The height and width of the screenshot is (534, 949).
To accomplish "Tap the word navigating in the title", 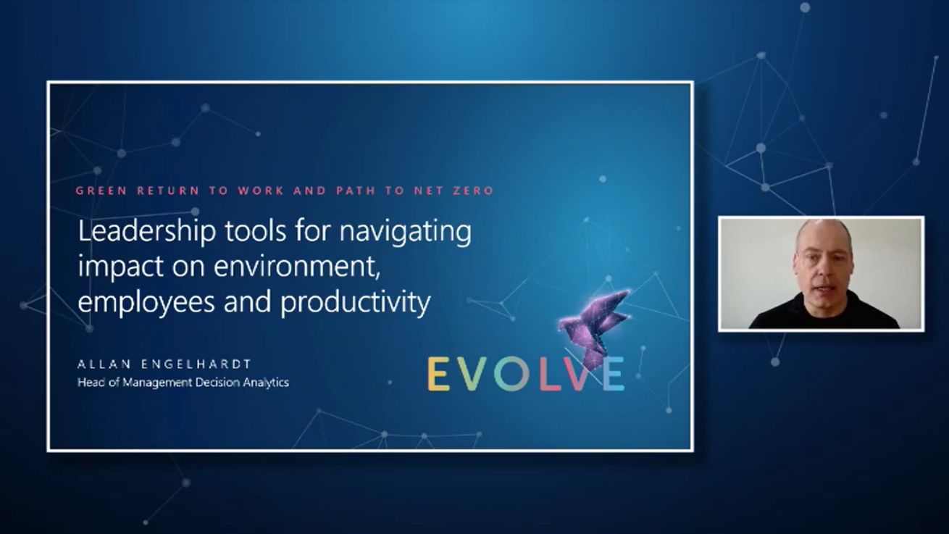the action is coord(406,233).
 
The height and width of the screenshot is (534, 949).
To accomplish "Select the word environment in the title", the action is coord(297,267).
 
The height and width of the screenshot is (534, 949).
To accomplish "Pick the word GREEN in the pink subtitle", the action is coord(101,191).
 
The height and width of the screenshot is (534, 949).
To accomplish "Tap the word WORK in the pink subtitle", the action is coord(261,191).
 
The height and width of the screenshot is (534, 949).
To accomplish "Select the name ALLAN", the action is coord(104,364).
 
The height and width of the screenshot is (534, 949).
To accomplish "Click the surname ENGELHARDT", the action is coord(196,364).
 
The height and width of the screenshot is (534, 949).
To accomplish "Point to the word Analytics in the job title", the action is coord(266,383).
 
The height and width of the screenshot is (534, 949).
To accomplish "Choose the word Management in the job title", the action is coord(157,383).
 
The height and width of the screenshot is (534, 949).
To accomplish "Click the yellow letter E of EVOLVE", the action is coord(438,373).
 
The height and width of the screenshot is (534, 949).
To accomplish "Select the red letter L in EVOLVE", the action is coord(551,373).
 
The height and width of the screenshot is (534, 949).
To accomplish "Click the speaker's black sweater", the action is coord(824,313).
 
